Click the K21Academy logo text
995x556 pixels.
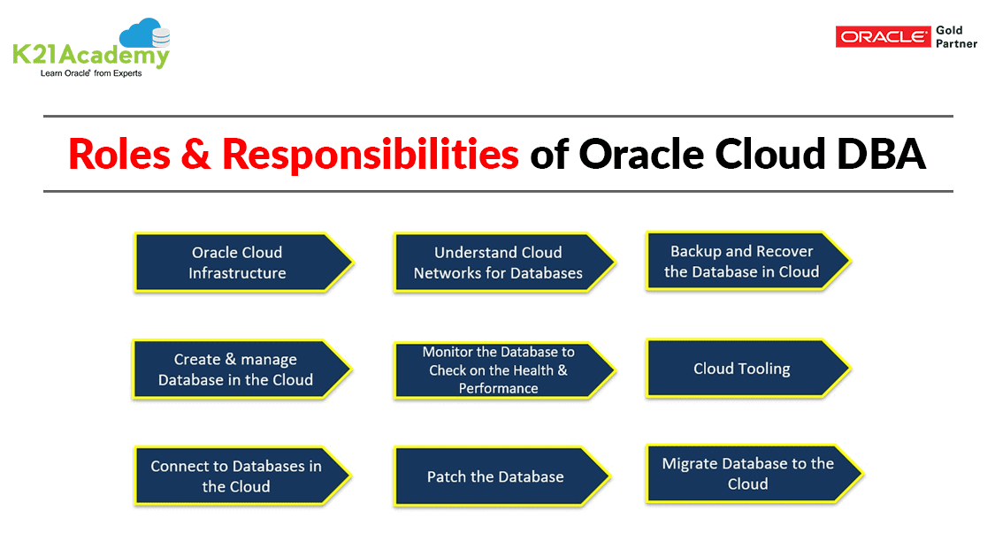[90, 57]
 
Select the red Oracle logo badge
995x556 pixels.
[883, 36]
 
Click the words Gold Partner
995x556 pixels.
[955, 37]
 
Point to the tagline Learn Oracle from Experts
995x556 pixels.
[91, 73]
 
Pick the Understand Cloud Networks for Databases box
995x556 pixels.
[500, 263]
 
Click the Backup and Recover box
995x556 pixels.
[746, 261]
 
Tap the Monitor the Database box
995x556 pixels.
[501, 369]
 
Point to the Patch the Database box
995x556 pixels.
[497, 476]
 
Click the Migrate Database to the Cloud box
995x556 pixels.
[750, 473]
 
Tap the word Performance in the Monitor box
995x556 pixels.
[498, 388]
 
